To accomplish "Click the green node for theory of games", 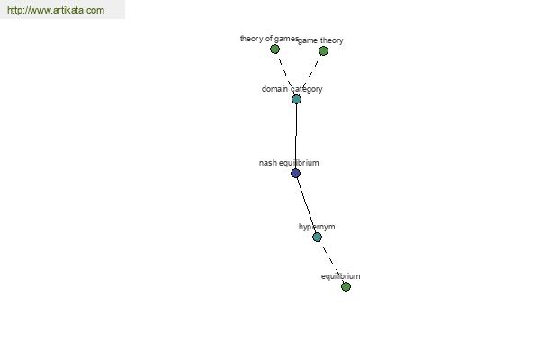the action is click(274, 49).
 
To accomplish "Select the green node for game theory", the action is click(323, 51).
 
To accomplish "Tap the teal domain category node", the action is click(296, 100).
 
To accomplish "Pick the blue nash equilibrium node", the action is click(295, 174).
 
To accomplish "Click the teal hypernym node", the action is click(317, 237).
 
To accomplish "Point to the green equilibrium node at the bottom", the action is click(346, 286).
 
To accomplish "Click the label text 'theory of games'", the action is click(269, 39).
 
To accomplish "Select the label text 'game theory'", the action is click(320, 40).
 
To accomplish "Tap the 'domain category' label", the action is click(292, 89).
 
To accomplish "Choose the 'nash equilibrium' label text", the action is click(289, 163).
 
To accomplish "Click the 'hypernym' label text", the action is click(317, 227).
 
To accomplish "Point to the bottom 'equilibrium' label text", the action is click(340, 276).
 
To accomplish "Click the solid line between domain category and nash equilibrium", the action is click(296, 137).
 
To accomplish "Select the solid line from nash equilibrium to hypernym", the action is click(306, 205).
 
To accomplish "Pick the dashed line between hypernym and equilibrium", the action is click(331, 262).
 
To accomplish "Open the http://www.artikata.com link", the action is click(56, 10).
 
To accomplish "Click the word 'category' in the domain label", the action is click(307, 89).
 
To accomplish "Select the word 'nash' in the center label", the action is click(267, 163).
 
